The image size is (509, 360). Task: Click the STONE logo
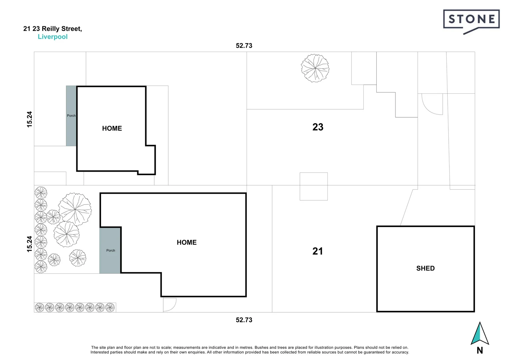[x=471, y=20]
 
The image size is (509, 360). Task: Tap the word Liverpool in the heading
[x=53, y=37]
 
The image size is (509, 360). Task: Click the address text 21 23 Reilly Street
[x=52, y=29]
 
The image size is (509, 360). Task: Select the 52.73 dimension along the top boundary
[x=244, y=46]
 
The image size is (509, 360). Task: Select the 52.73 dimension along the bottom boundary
[x=244, y=320]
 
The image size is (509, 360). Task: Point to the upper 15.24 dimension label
[x=30, y=119]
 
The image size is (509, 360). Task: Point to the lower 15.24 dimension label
[x=30, y=244]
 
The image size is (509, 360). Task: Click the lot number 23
[x=318, y=127]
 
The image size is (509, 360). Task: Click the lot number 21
[x=317, y=251]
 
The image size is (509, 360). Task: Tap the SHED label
[x=425, y=268]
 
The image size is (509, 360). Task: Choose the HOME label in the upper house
[x=112, y=128]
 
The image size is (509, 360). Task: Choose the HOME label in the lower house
[x=187, y=242]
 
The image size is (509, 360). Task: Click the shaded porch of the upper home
[x=71, y=116]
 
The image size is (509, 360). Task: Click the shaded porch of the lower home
[x=110, y=250]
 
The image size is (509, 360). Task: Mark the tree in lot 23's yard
[x=315, y=68]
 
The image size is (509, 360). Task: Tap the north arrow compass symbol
[x=480, y=333]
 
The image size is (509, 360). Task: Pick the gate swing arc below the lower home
[x=169, y=305]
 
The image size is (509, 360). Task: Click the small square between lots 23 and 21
[x=313, y=186]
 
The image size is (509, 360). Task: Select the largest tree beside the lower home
[x=75, y=209]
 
